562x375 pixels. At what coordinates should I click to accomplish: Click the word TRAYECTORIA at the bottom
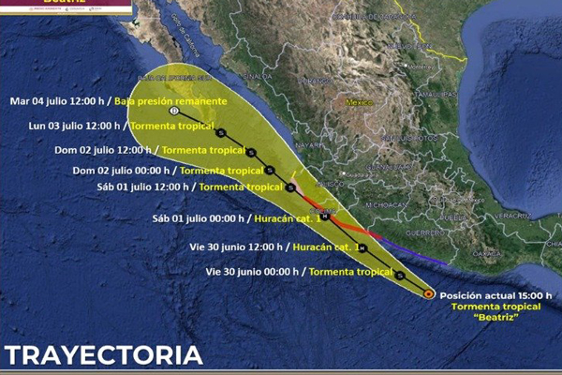coord(103,355)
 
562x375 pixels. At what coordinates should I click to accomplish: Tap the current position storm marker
coord(427,293)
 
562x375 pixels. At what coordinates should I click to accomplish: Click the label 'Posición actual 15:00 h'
coord(496,294)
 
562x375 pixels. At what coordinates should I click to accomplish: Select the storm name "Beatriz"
coord(496,317)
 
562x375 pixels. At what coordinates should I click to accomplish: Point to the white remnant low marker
coord(174,111)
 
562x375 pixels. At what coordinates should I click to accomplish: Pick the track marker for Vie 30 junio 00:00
coord(400,275)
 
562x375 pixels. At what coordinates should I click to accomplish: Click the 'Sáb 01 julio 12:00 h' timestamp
coord(150,187)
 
